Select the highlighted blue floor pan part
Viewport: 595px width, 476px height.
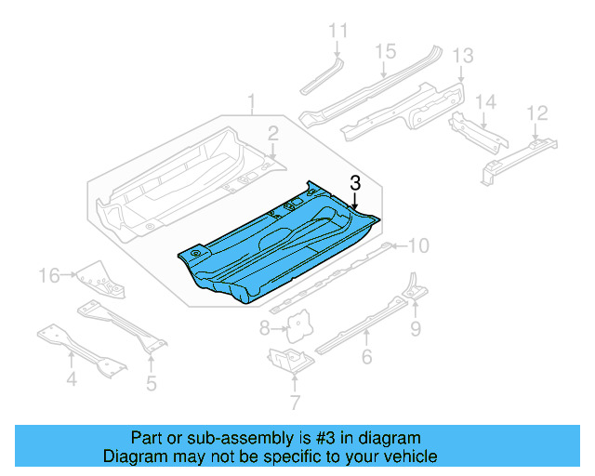pyautogui.click(x=279, y=251)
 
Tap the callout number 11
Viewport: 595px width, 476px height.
pyautogui.click(x=337, y=31)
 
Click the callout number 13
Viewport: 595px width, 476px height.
pyautogui.click(x=462, y=56)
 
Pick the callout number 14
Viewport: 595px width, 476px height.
pyautogui.click(x=484, y=101)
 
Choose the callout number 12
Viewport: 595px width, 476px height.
pyautogui.click(x=536, y=112)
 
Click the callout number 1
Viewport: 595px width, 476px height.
pyautogui.click(x=250, y=99)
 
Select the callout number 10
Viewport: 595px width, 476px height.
pyautogui.click(x=419, y=245)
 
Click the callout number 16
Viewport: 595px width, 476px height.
pyautogui.click(x=49, y=274)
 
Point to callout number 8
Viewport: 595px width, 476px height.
pyautogui.click(x=264, y=327)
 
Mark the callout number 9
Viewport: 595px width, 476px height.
pyautogui.click(x=416, y=327)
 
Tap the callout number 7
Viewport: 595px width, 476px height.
pyautogui.click(x=295, y=403)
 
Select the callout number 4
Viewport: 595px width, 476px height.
pyautogui.click(x=71, y=378)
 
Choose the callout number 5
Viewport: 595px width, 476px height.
pyautogui.click(x=152, y=381)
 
